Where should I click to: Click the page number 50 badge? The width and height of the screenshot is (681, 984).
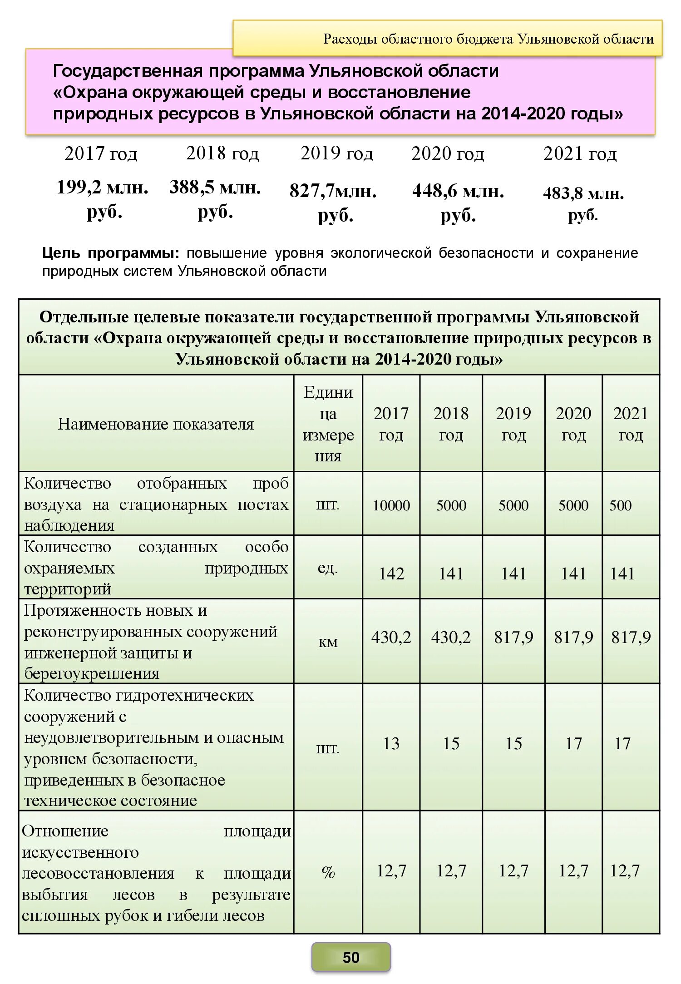pyautogui.click(x=350, y=957)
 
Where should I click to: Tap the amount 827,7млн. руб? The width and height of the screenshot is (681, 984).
pyautogui.click(x=333, y=203)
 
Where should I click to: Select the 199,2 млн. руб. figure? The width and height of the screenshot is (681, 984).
pyautogui.click(x=103, y=198)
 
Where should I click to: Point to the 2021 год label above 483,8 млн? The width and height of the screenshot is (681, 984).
pyautogui.click(x=580, y=153)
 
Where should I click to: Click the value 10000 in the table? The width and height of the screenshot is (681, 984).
pyautogui.click(x=391, y=505)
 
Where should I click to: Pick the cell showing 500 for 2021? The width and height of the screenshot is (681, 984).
pyautogui.click(x=620, y=505)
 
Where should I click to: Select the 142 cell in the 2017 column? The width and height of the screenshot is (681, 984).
pyautogui.click(x=391, y=573)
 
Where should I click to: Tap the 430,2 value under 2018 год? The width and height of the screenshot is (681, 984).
pyautogui.click(x=451, y=637)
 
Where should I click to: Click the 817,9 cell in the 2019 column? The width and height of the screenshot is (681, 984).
pyautogui.click(x=513, y=637)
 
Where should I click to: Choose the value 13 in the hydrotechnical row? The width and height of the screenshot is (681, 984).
pyautogui.click(x=391, y=743)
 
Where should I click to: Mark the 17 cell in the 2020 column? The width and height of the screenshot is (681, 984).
pyautogui.click(x=573, y=743)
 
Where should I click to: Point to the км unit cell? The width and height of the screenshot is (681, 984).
pyautogui.click(x=328, y=641)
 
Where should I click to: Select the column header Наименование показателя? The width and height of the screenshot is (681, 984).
pyautogui.click(x=156, y=424)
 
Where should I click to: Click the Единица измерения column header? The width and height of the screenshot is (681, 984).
pyautogui.click(x=328, y=424)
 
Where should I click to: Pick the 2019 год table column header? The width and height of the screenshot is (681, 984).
pyautogui.click(x=513, y=424)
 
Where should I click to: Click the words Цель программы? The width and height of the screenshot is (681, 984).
pyautogui.click(x=110, y=253)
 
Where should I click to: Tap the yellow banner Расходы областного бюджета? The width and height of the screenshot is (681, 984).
pyautogui.click(x=488, y=39)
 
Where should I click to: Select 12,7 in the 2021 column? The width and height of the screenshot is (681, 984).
pyautogui.click(x=625, y=870)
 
